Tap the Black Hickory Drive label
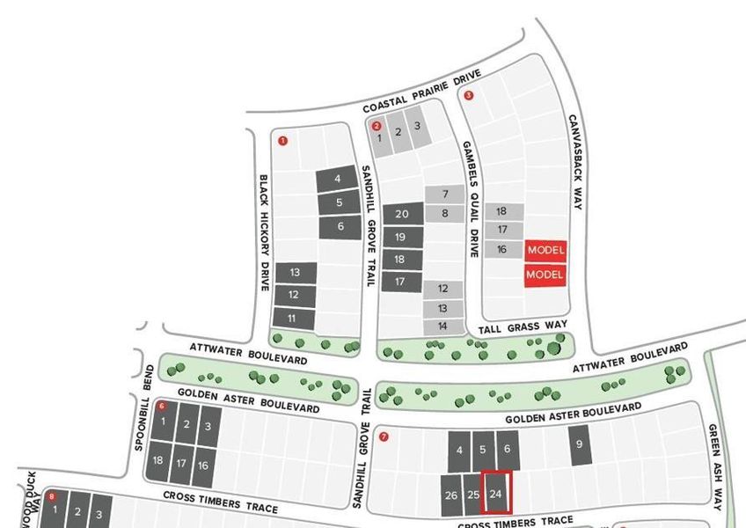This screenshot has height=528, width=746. point(264,232)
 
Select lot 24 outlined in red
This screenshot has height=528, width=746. point(496,494)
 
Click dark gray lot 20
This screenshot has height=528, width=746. point(402,214)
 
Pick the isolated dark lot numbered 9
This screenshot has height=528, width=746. point(579,444)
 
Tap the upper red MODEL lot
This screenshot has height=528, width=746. point(545,250)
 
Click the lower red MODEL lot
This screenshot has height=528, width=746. point(545,275)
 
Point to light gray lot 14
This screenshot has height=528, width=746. point(442,326)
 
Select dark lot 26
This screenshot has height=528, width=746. point(451,495)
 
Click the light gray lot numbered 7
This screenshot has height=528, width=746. point(446,194)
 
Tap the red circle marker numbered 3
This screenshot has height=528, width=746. point(468,96)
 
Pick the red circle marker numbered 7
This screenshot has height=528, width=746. point(384,436)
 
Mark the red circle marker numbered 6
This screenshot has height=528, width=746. point(161,407)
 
